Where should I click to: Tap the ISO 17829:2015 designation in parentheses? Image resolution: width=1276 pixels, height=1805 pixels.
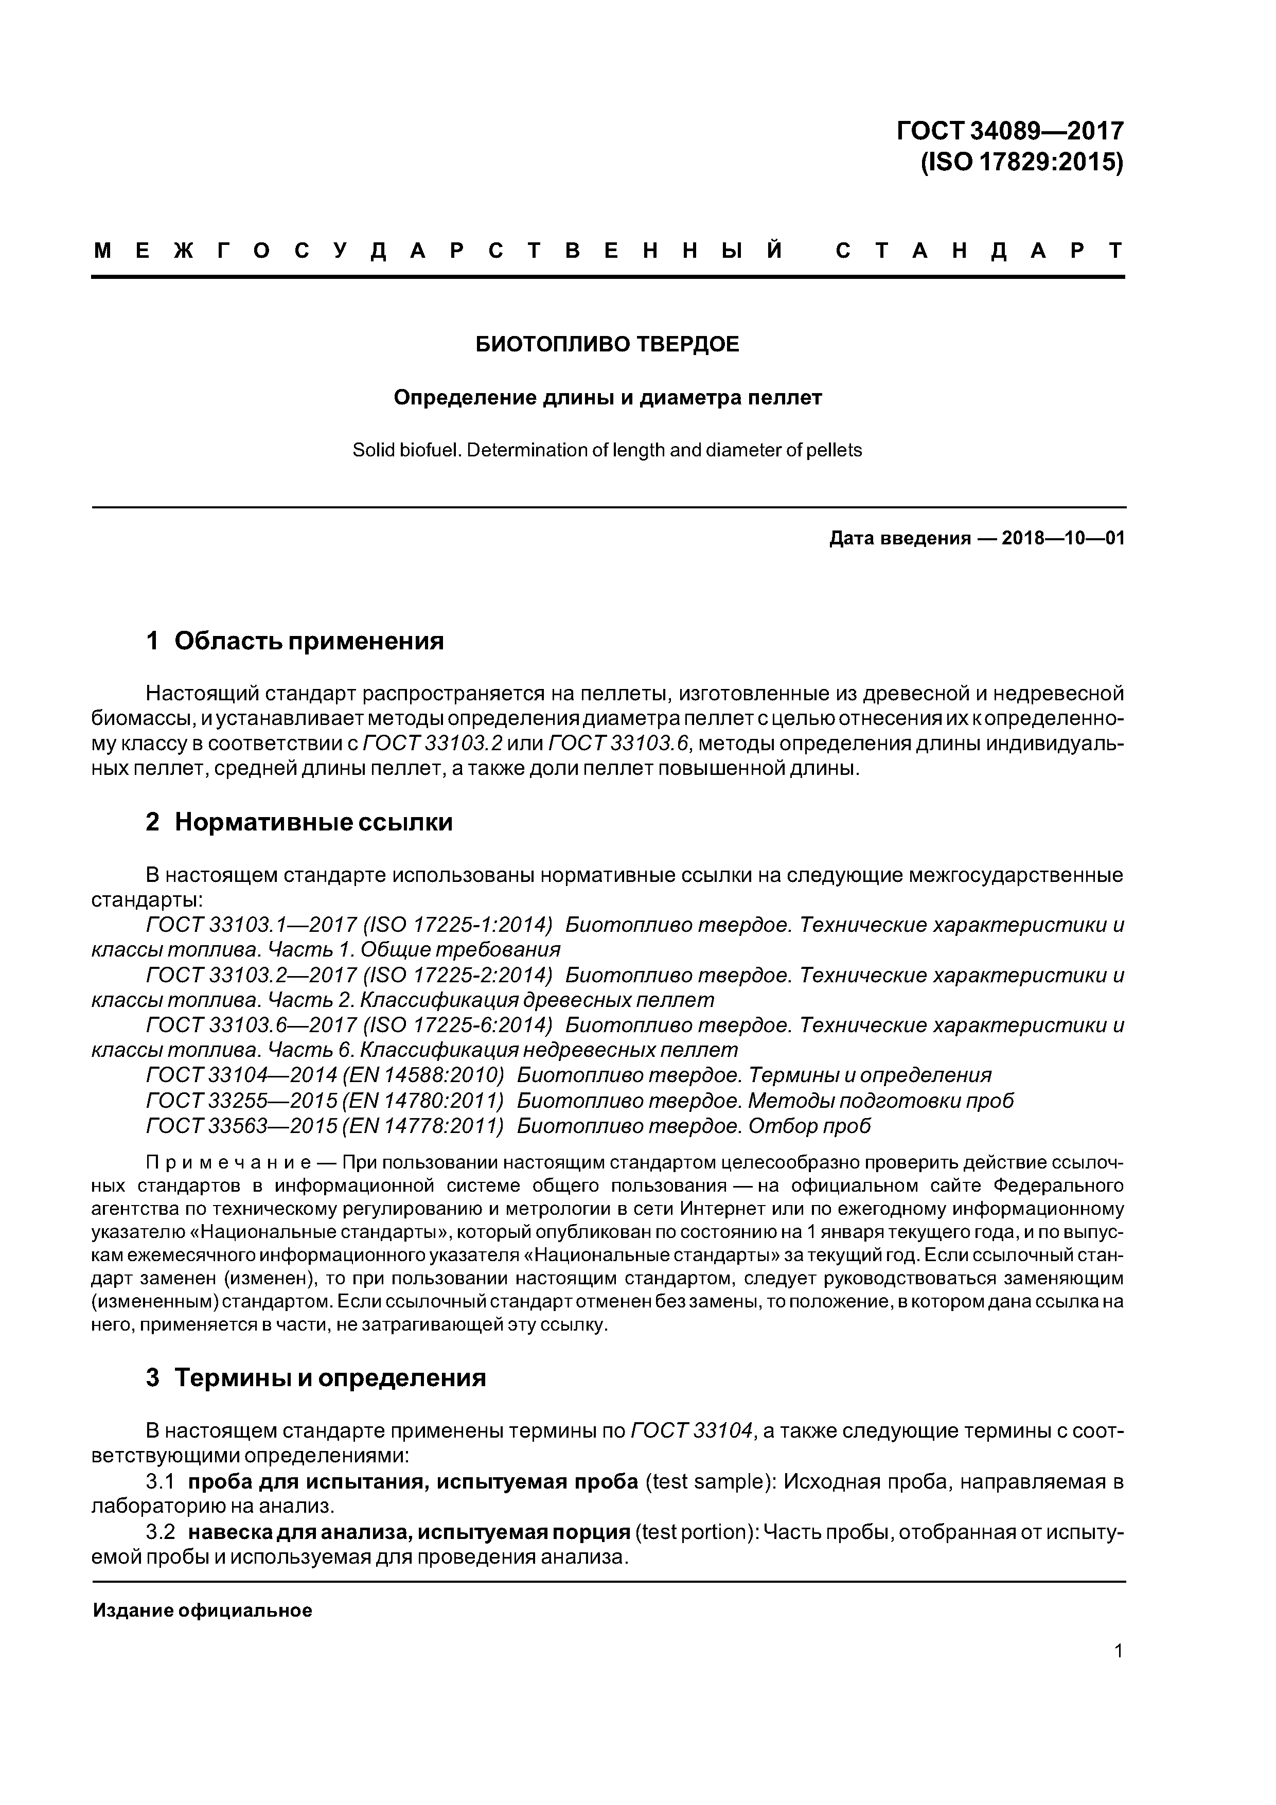click(1022, 162)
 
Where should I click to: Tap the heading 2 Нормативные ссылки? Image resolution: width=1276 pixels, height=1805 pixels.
click(299, 822)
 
